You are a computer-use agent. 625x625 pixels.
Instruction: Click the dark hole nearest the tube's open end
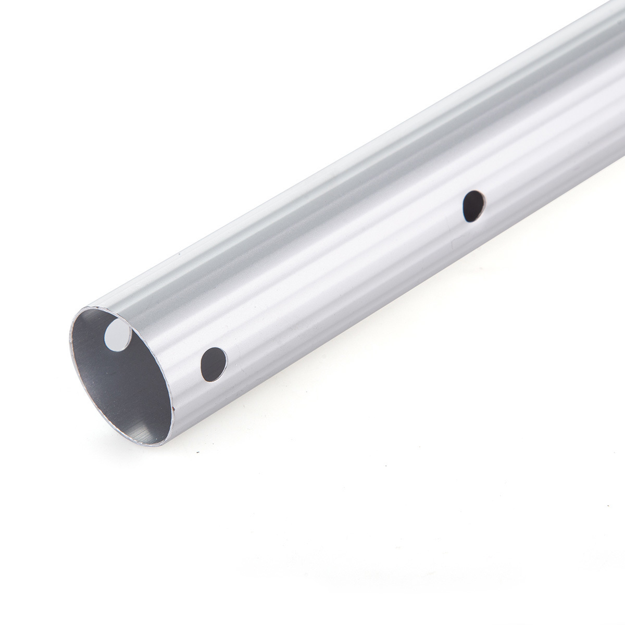pyautogui.click(x=214, y=364)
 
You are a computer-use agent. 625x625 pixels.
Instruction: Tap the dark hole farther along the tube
pyautogui.click(x=473, y=206)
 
